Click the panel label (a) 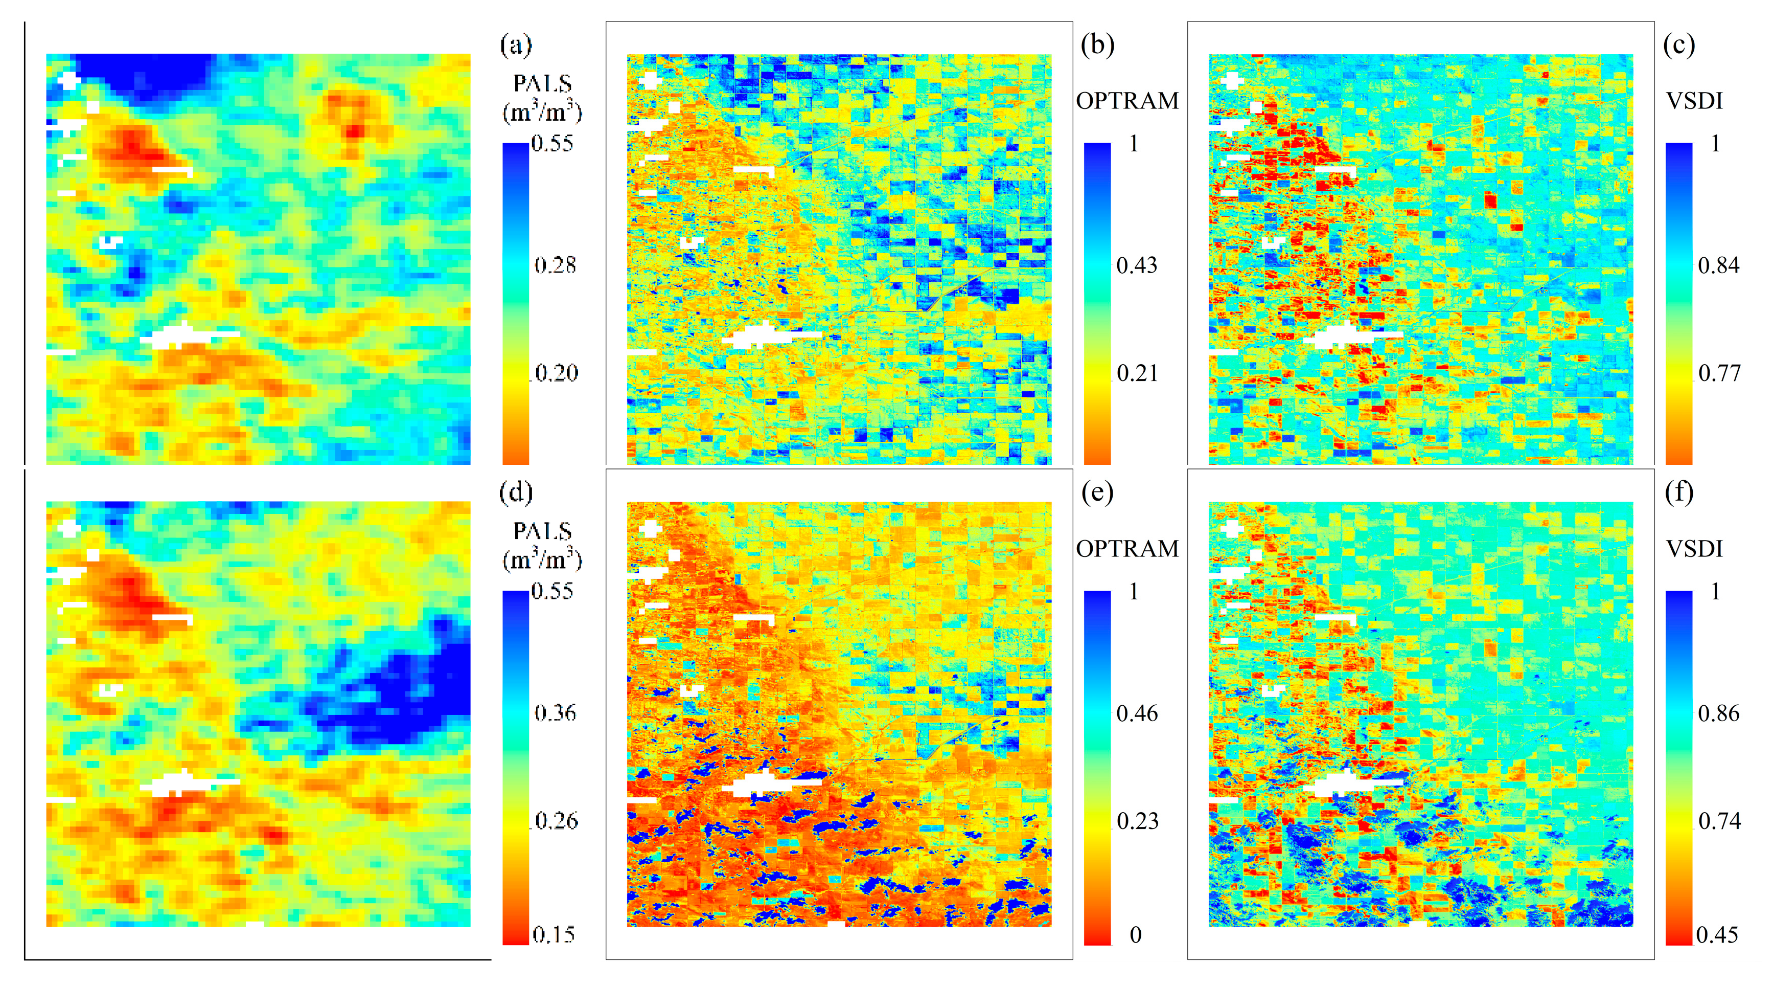click(x=516, y=46)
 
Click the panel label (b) click(x=1097, y=46)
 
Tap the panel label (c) click(x=1679, y=46)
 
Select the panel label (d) click(x=516, y=493)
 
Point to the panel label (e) click(x=1097, y=493)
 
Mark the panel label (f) click(x=1679, y=493)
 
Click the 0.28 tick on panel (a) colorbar click(x=555, y=265)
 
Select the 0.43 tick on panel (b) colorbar click(x=1136, y=265)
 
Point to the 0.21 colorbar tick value click(x=1136, y=373)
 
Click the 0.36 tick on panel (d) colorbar click(x=555, y=712)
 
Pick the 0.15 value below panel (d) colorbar click(x=554, y=934)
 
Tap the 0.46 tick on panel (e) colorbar click(x=1136, y=712)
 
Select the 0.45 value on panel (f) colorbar click(x=1717, y=934)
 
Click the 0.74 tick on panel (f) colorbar click(x=1719, y=821)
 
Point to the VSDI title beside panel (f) click(x=1694, y=549)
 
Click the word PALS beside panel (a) click(x=542, y=84)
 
